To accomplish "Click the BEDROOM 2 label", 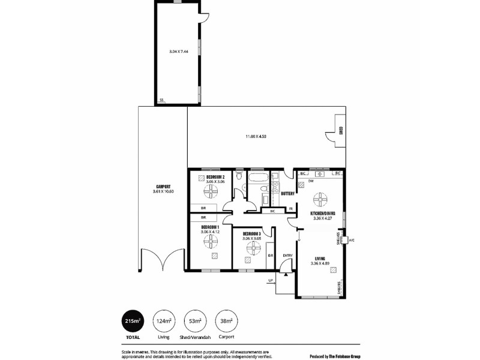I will pyautogui.click(x=215, y=178).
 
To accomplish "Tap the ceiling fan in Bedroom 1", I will pyautogui.click(x=210, y=240).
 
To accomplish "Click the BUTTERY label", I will pyautogui.click(x=287, y=193).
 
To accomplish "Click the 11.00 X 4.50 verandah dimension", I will pyautogui.click(x=256, y=137).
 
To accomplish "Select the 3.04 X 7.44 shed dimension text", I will pyautogui.click(x=179, y=52).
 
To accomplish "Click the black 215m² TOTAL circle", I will pyautogui.click(x=133, y=322).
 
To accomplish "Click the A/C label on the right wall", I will pyautogui.click(x=352, y=240).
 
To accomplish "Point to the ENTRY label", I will pyautogui.click(x=287, y=256).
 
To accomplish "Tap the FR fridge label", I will pyautogui.click(x=290, y=209).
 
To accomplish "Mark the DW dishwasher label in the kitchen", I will pyautogui.click(x=311, y=181).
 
